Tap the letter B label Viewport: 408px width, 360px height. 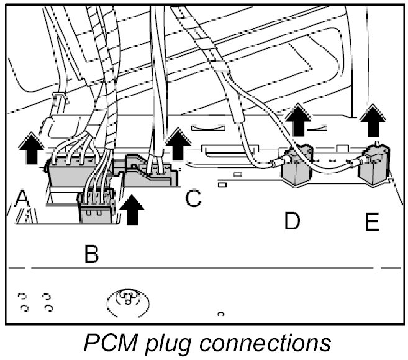tap(92, 255)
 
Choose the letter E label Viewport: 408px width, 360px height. tap(372, 223)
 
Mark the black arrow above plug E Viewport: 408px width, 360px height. tap(372, 121)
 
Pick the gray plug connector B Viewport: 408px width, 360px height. tap(97, 206)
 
